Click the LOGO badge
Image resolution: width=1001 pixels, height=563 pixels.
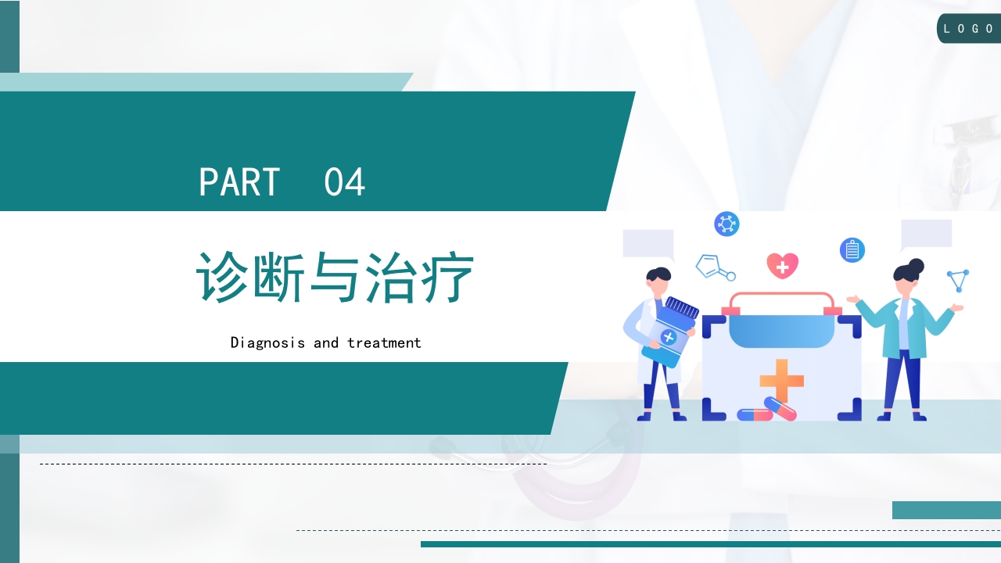[969, 29]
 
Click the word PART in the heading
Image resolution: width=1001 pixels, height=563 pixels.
[239, 182]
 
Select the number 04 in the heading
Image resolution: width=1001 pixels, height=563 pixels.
[344, 182]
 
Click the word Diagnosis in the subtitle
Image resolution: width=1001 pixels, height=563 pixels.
[267, 342]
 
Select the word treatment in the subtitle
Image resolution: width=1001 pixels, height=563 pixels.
[384, 342]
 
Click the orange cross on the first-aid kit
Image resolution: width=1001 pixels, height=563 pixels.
[781, 380]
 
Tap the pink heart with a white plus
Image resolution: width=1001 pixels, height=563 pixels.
[782, 266]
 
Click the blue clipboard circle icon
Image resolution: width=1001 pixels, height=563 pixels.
[852, 250]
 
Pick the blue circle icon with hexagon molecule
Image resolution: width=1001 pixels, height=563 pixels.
[727, 224]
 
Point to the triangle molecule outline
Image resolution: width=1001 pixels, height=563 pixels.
[958, 280]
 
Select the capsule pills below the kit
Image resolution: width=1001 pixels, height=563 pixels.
[767, 411]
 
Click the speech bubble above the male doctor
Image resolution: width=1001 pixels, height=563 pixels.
[648, 244]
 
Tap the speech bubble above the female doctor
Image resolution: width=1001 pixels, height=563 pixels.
[926, 235]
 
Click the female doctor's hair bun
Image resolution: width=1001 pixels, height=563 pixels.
[916, 266]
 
